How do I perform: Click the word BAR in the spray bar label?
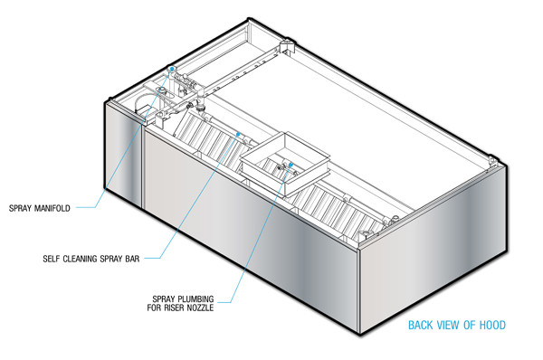(132, 259)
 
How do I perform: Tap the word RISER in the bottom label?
(173, 308)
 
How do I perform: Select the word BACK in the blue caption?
(421, 325)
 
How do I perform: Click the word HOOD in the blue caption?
(492, 325)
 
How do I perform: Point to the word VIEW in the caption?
(448, 325)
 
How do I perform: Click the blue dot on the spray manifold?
(172, 69)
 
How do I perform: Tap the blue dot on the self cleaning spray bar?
(238, 134)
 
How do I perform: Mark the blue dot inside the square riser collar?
(291, 165)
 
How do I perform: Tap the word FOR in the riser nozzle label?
(154, 308)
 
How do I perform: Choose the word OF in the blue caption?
(469, 325)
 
